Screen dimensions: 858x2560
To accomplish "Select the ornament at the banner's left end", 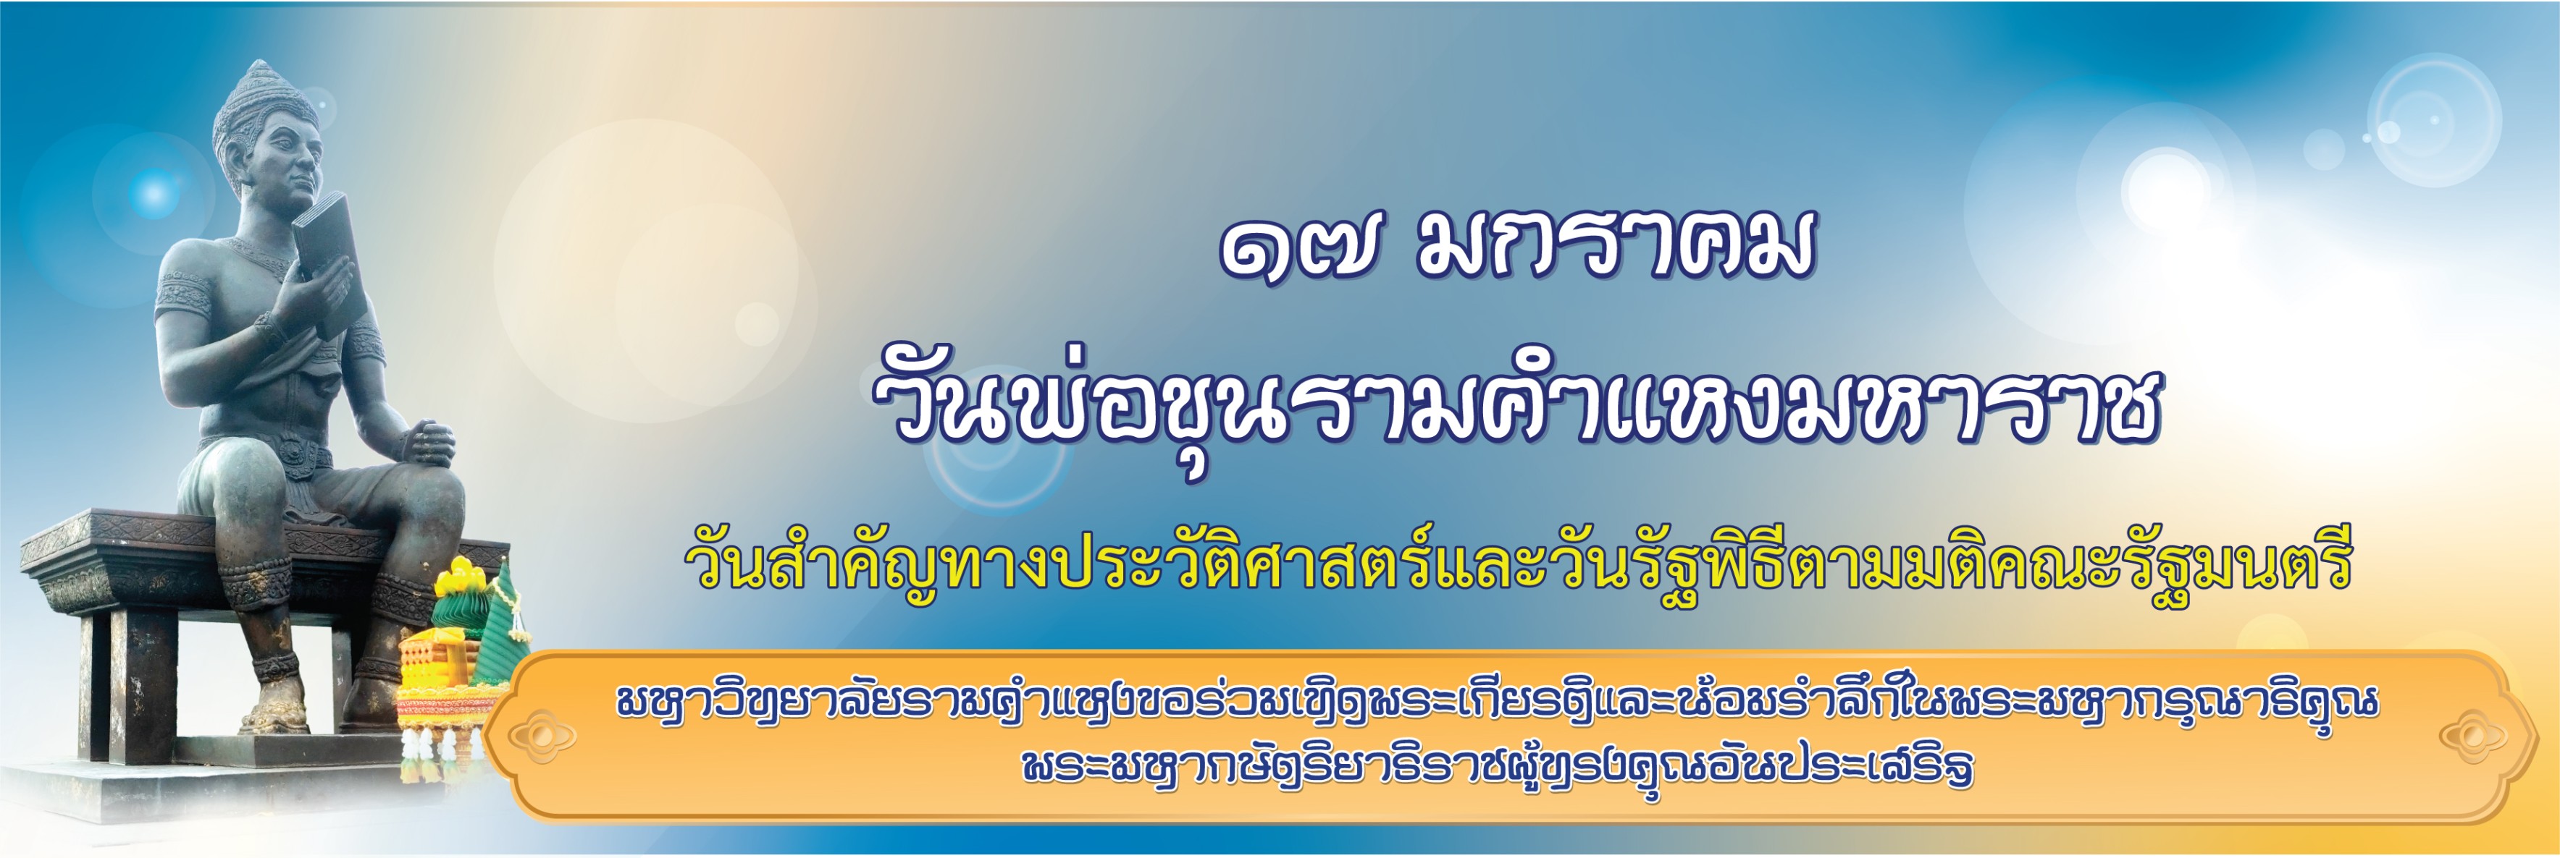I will coord(542,736).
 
